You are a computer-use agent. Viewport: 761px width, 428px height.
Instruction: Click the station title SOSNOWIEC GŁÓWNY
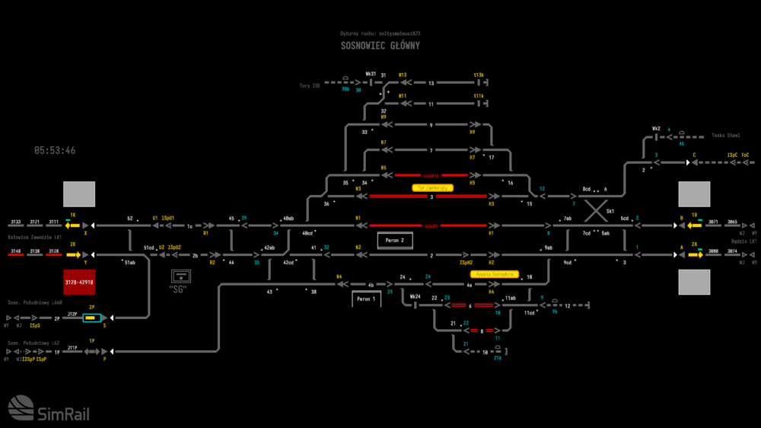coord(380,46)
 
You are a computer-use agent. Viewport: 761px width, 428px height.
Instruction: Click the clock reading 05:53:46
coord(55,151)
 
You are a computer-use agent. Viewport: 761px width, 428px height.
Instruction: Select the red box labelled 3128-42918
coord(79,282)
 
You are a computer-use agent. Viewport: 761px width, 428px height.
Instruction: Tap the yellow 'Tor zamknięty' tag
coord(432,187)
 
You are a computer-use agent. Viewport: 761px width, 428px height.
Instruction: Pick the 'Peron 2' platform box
coord(395,241)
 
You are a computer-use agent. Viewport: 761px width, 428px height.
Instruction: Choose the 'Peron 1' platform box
coord(366,299)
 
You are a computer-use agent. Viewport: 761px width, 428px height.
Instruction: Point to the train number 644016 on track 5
coord(431,174)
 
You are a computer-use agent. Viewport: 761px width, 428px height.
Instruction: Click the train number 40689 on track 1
coord(431,225)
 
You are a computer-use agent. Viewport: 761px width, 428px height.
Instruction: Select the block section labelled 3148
coord(15,251)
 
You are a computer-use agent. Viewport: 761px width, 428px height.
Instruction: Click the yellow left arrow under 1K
coord(73,225)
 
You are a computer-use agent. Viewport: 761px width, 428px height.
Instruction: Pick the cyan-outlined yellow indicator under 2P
coord(91,318)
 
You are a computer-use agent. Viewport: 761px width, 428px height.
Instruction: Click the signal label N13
coord(403,75)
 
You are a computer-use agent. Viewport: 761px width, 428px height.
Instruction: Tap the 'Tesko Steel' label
coord(725,136)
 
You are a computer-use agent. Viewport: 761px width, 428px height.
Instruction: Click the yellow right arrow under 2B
coord(695,254)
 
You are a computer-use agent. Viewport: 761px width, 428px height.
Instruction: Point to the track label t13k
coord(479,75)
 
